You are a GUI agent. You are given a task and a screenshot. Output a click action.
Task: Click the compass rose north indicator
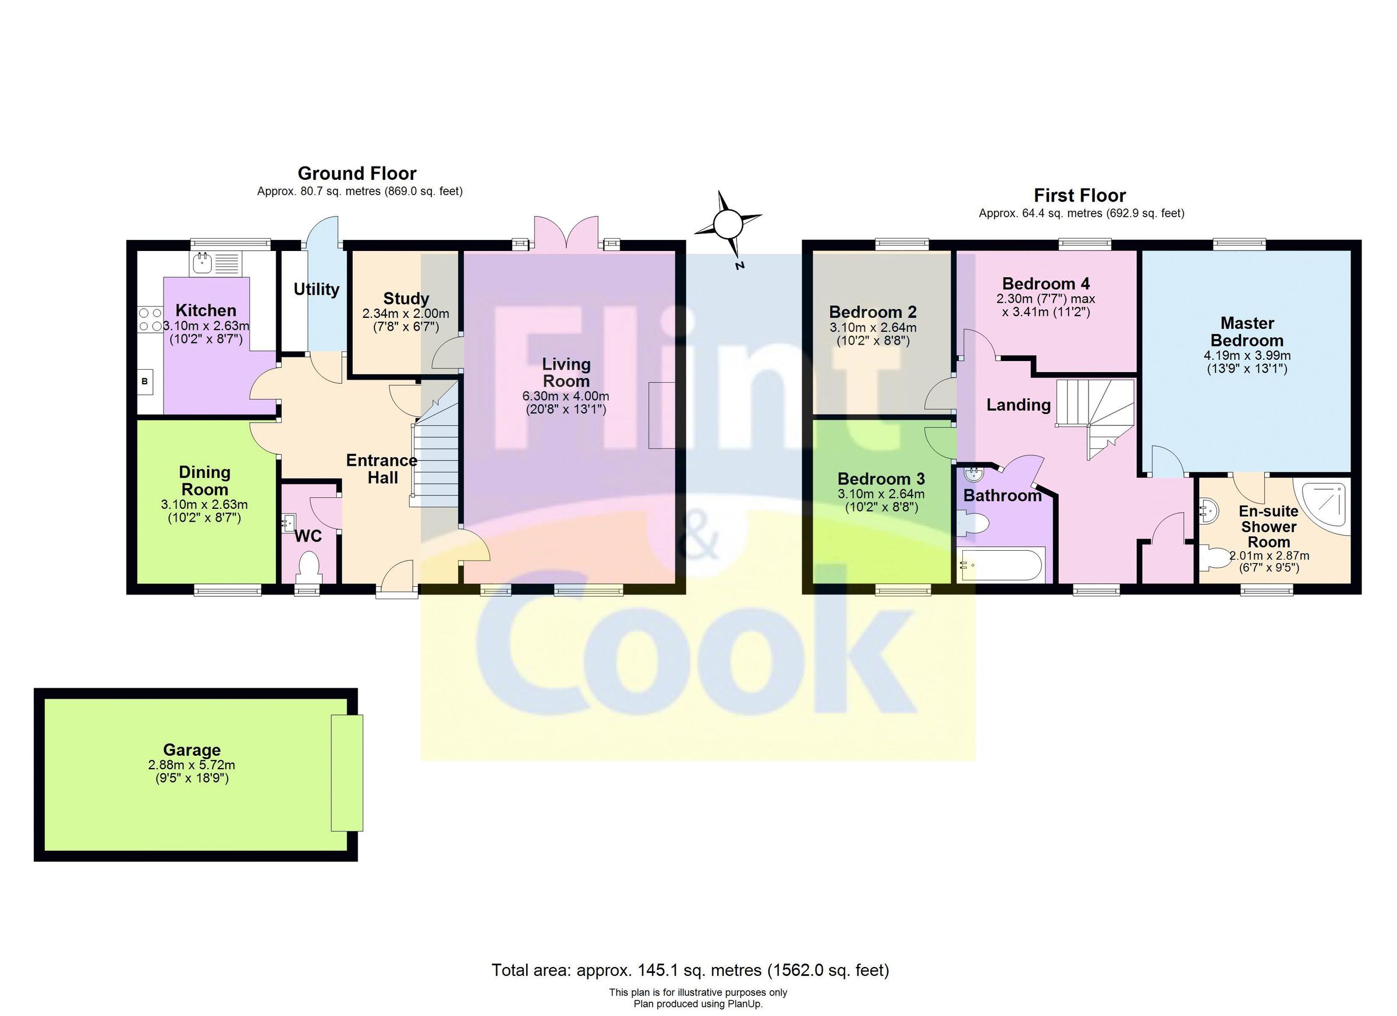coord(728,224)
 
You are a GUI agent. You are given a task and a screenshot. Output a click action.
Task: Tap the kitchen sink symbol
coord(202,264)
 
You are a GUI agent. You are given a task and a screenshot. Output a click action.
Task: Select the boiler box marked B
coord(145,381)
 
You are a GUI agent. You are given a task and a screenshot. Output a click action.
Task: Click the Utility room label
coord(316,289)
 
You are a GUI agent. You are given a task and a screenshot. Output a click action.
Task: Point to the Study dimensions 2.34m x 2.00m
coord(405,314)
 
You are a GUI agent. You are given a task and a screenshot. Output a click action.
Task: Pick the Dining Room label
coord(204,480)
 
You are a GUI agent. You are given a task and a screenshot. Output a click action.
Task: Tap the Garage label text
coord(192,750)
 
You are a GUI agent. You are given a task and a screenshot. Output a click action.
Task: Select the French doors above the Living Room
coord(566,233)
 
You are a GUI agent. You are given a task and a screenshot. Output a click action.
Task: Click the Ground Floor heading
coord(357,173)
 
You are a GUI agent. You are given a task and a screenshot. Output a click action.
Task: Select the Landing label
coord(1018,405)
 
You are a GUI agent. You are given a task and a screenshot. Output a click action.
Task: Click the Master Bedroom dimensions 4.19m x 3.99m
coord(1247,356)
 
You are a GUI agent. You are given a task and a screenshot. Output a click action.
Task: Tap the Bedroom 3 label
coord(881,479)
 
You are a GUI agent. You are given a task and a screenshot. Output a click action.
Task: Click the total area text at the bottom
coord(690,971)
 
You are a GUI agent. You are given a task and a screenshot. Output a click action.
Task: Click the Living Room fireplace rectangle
coord(661,415)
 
